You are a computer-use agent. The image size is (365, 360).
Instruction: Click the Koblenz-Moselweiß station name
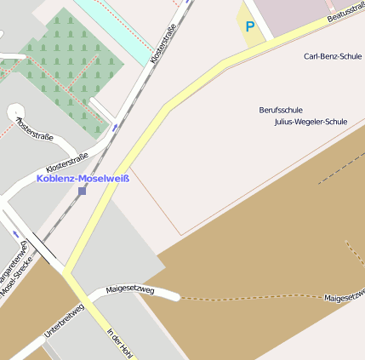[x=83, y=179]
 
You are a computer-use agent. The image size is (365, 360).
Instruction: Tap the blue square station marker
[x=82, y=191]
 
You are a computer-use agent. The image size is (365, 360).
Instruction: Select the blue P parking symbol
[x=249, y=26]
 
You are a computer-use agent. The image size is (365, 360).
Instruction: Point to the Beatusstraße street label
[x=345, y=12]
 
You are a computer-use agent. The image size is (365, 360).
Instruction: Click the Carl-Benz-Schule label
[x=333, y=56]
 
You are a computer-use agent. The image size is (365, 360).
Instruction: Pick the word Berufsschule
[x=281, y=110]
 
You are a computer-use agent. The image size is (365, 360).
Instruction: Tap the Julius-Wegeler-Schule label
[x=311, y=122]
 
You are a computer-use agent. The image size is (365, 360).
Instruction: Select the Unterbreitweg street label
[x=64, y=321]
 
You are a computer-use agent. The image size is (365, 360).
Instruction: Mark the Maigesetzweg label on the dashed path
[x=344, y=296]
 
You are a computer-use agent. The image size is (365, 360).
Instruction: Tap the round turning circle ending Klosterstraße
[x=16, y=112]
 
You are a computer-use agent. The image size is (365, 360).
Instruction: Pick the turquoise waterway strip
[x=119, y=26]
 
